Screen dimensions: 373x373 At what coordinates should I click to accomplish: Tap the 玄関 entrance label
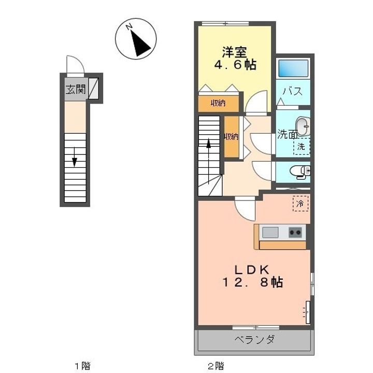click(76, 90)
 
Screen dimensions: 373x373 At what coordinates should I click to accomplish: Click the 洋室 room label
click(235, 52)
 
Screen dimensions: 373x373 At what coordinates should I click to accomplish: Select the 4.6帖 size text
click(235, 65)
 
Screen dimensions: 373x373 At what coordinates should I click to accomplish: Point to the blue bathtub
click(293, 68)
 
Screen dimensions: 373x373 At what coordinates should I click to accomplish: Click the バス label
click(293, 91)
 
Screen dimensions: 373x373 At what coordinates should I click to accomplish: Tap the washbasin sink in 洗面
click(303, 126)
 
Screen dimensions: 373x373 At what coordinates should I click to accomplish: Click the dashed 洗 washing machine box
click(302, 146)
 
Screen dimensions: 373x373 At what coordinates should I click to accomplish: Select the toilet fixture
click(300, 171)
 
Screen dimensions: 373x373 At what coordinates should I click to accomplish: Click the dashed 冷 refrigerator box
click(300, 204)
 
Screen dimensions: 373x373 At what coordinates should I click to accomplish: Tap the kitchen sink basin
click(270, 232)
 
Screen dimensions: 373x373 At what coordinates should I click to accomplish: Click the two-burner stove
click(295, 233)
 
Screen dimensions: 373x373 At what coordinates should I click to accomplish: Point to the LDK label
click(252, 270)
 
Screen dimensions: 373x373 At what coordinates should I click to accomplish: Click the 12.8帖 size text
click(253, 282)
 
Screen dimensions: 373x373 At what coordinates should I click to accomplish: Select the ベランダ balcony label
click(254, 339)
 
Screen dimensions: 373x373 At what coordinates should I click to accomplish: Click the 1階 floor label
click(82, 365)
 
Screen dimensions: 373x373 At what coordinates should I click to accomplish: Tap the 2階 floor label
click(216, 365)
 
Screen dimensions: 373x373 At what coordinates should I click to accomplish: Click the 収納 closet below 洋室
click(219, 103)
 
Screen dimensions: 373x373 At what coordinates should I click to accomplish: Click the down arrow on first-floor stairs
click(75, 157)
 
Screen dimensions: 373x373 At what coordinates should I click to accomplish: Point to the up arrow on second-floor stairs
click(209, 161)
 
